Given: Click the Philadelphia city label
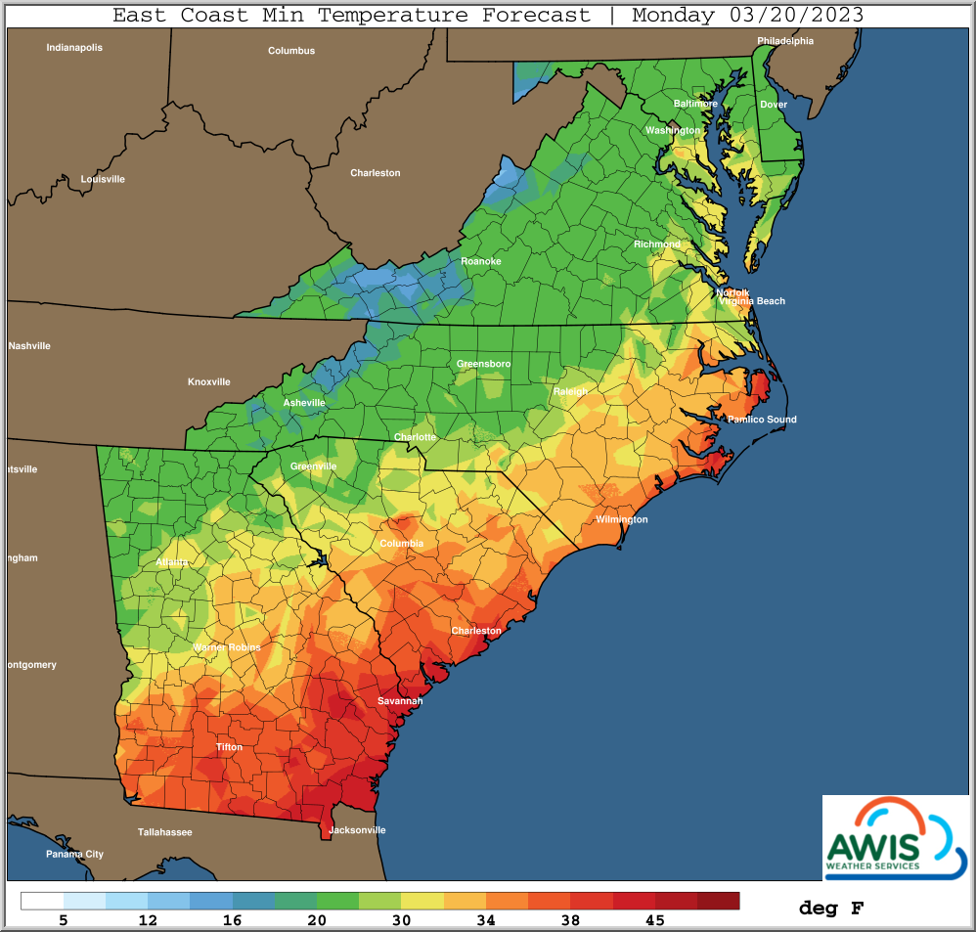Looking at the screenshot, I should pyautogui.click(x=785, y=41).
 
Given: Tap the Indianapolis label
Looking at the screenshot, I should pyautogui.click(x=74, y=47).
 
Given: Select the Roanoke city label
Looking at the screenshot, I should pyautogui.click(x=480, y=261).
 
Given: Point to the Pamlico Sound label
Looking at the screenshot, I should pyautogui.click(x=761, y=420).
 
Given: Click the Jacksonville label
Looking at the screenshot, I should pyautogui.click(x=357, y=830).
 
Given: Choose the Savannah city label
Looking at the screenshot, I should pyautogui.click(x=400, y=701).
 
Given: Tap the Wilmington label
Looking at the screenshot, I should pyautogui.click(x=622, y=519).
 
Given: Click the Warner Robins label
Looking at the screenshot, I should pyautogui.click(x=226, y=647).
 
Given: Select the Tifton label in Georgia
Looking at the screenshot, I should pyautogui.click(x=229, y=747).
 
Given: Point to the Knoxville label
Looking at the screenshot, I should pyautogui.click(x=209, y=381).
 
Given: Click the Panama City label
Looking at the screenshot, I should pyautogui.click(x=74, y=854).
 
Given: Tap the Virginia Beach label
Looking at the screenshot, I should pyautogui.click(x=752, y=301).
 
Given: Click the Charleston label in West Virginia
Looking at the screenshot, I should pyautogui.click(x=376, y=173).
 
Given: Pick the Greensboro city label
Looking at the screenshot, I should pyautogui.click(x=483, y=364).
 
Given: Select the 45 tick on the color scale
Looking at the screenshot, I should pyautogui.click(x=654, y=920).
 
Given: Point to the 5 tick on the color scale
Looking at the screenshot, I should pyautogui.click(x=64, y=920).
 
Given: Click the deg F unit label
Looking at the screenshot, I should pyautogui.click(x=830, y=909).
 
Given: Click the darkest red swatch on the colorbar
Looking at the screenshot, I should pyautogui.click(x=718, y=901).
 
